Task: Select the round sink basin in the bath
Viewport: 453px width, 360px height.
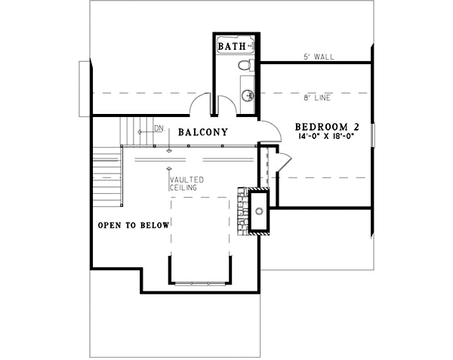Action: [247, 95]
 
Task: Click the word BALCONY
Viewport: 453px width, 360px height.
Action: [203, 132]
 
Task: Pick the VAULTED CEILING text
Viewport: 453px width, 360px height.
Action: [183, 183]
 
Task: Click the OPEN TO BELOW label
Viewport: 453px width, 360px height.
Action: [134, 225]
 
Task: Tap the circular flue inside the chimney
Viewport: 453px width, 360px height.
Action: [259, 211]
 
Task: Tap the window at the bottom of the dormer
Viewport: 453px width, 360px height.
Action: [199, 283]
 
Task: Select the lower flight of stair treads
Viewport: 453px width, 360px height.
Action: [107, 177]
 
